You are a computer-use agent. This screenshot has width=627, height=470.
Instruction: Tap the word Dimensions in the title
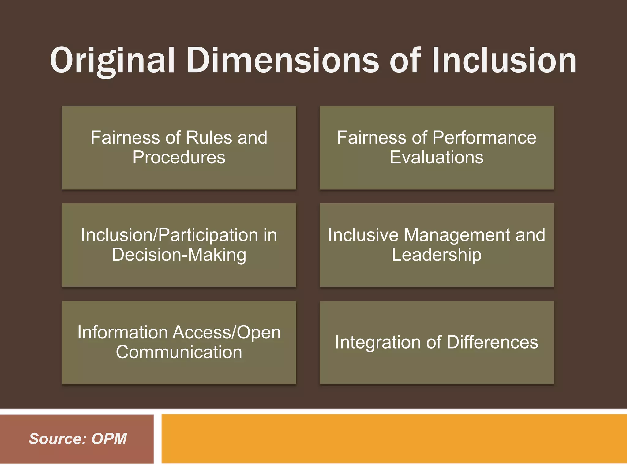(283, 60)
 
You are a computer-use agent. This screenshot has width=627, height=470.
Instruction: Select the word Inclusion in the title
(504, 60)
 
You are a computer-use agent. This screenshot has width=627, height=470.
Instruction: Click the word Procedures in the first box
(179, 157)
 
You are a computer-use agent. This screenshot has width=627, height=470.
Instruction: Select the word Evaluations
(437, 157)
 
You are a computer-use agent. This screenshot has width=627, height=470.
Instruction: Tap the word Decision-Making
(179, 255)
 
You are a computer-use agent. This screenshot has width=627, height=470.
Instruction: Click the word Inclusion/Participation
(169, 235)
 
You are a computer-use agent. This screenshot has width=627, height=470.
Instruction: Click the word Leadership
(437, 255)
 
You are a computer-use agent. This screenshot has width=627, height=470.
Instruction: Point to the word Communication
(179, 352)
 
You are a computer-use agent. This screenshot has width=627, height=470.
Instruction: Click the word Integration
(377, 342)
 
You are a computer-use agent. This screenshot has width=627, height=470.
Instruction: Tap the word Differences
(492, 342)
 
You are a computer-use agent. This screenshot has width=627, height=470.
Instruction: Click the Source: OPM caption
(78, 439)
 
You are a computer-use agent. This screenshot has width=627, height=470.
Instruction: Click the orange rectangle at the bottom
(394, 439)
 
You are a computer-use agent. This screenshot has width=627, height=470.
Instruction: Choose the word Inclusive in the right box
(363, 235)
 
